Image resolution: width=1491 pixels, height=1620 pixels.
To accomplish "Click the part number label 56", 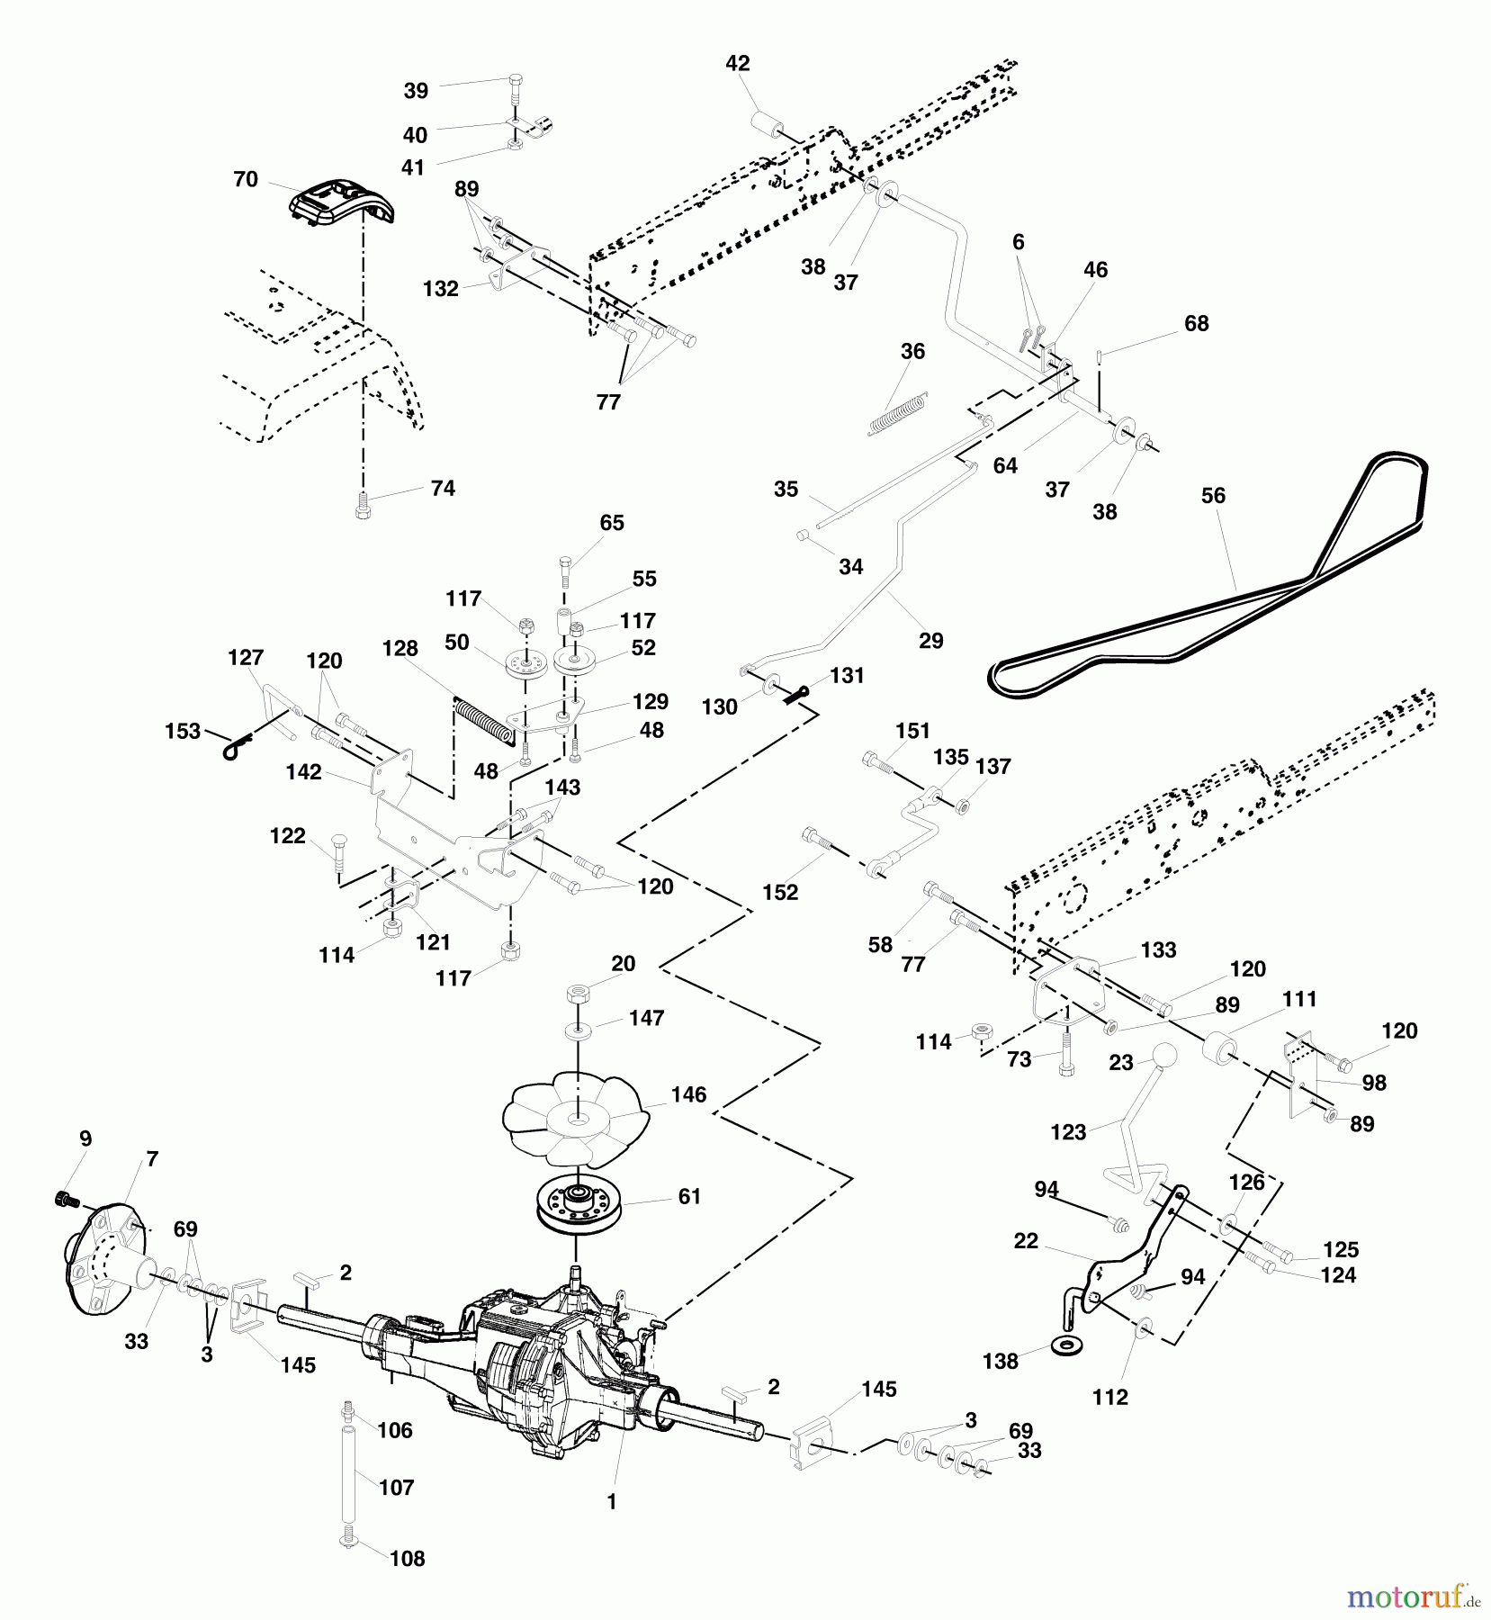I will pyautogui.click(x=1213, y=495).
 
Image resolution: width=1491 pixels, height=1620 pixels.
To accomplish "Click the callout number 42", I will pyautogui.click(x=738, y=63).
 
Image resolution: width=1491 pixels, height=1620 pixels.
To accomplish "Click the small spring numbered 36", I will pyautogui.click(x=897, y=415).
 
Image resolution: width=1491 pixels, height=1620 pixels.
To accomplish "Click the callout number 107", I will pyautogui.click(x=397, y=1488).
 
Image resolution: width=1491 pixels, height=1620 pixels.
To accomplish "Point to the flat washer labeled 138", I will pyautogui.click(x=1068, y=1347).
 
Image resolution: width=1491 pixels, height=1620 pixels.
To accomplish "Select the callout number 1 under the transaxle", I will pyautogui.click(x=611, y=1502).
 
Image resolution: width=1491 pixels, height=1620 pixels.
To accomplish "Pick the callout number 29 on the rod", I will pyautogui.click(x=931, y=640).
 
